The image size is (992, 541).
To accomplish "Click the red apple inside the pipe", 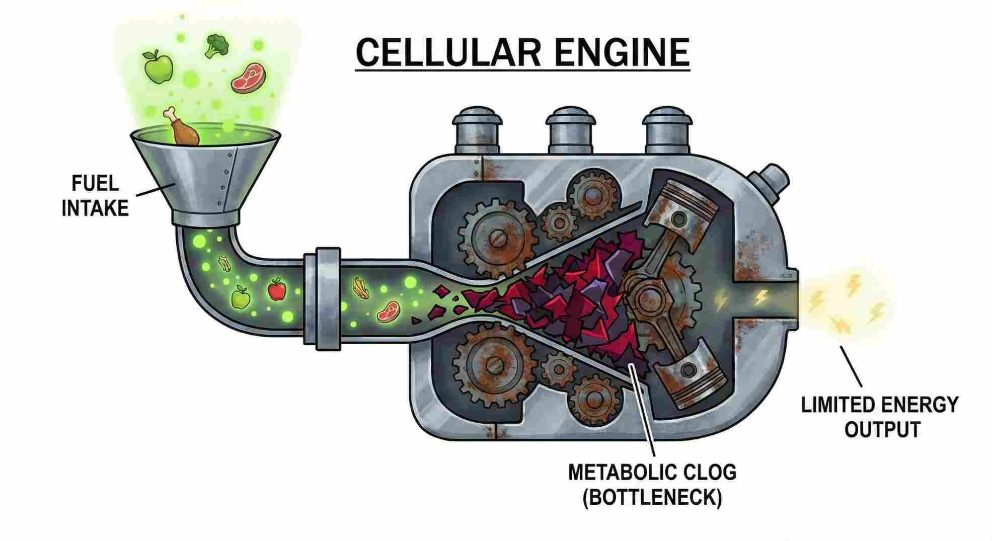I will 276,289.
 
